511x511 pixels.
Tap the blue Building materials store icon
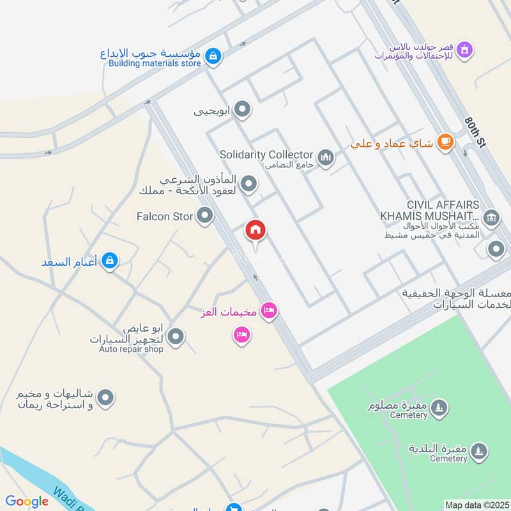tap(213, 57)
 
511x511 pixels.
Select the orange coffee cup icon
tap(445, 143)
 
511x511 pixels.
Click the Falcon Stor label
tap(165, 217)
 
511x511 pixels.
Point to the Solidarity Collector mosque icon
tap(326, 156)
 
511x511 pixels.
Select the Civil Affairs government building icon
tap(491, 217)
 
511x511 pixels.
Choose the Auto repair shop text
tap(131, 349)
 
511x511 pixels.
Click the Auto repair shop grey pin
tap(176, 336)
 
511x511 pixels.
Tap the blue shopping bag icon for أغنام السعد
tap(110, 261)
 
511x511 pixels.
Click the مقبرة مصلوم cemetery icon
tap(438, 407)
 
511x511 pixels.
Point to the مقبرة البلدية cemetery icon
tap(478, 452)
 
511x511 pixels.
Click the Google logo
tap(27, 501)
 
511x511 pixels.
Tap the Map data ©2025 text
tap(476, 505)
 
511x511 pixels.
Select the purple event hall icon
tap(465, 49)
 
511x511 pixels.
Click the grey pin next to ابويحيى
tap(241, 111)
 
